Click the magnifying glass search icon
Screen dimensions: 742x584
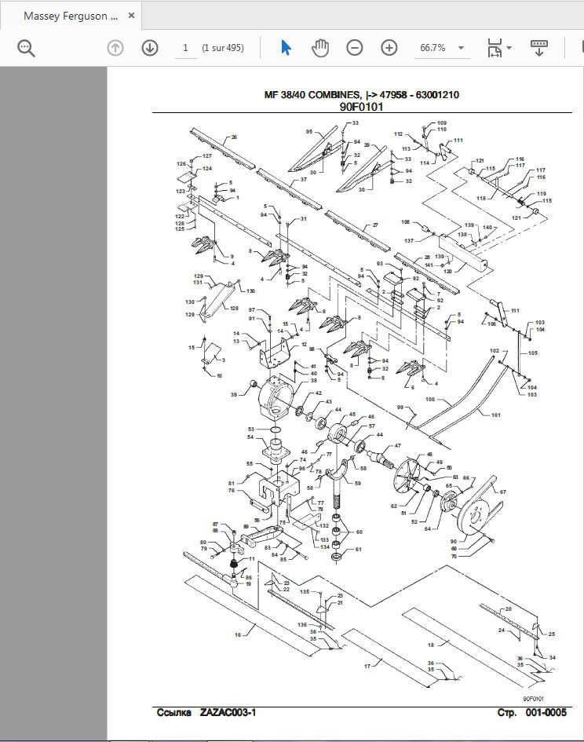click(27, 49)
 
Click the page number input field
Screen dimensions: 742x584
click(185, 48)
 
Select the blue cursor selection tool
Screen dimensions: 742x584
click(286, 48)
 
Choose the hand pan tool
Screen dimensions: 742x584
click(319, 48)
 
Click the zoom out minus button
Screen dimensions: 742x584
click(355, 48)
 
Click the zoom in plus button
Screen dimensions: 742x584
click(389, 48)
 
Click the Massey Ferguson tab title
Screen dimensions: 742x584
click(71, 16)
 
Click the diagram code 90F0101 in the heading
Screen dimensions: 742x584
click(361, 107)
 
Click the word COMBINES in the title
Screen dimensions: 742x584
click(330, 95)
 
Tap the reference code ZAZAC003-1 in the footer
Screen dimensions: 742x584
click(228, 712)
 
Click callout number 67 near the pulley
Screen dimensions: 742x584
click(502, 492)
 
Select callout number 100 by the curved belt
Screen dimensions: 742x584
click(429, 400)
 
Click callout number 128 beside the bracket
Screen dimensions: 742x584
click(234, 309)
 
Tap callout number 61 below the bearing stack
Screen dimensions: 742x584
click(359, 549)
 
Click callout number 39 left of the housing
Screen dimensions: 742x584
click(233, 395)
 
